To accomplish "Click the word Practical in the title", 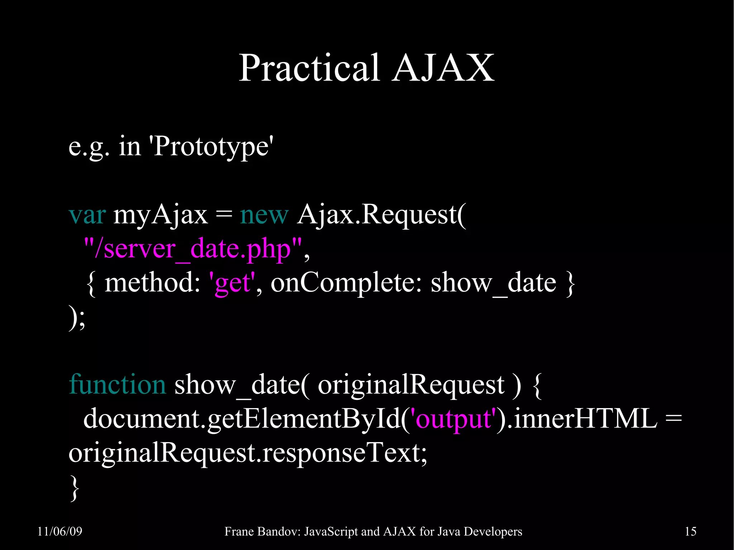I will click(x=309, y=68).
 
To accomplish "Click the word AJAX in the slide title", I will click(x=443, y=68).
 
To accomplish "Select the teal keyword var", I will click(x=87, y=215).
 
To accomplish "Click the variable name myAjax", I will click(x=160, y=215).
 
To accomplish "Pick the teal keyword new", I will click(x=264, y=215).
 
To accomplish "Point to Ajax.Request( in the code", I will click(x=381, y=215).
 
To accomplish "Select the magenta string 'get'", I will click(x=232, y=283).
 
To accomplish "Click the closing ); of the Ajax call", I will click(x=77, y=317).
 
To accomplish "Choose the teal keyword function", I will click(x=117, y=384).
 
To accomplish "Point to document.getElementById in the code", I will click(x=242, y=419).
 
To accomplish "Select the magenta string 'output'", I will click(x=454, y=419).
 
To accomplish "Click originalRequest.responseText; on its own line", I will click(x=248, y=453).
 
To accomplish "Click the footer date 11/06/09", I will click(x=60, y=531).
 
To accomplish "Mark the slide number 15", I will click(x=690, y=531).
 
